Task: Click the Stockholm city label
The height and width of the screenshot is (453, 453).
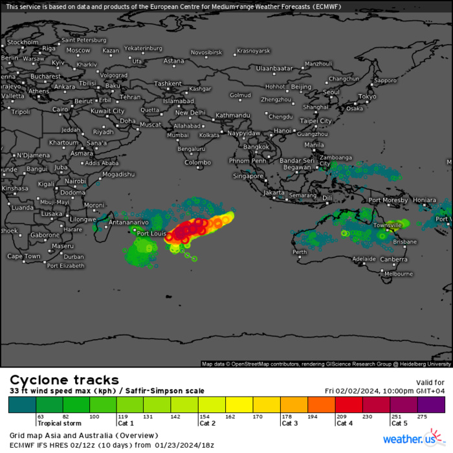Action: [23, 42]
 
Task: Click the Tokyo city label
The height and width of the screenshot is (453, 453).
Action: [367, 96]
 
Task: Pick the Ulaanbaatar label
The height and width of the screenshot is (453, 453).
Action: [274, 68]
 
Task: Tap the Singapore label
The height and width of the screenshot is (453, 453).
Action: [249, 175]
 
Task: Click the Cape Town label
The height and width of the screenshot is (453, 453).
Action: [24, 256]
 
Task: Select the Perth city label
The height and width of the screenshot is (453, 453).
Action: [300, 252]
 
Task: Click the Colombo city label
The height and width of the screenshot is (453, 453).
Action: [197, 162]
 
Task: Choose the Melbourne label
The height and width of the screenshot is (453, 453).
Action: [399, 274]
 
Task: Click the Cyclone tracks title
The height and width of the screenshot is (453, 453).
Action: [64, 380]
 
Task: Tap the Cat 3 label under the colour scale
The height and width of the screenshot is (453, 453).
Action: [291, 423]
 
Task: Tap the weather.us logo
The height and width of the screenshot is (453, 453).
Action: [410, 439]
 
